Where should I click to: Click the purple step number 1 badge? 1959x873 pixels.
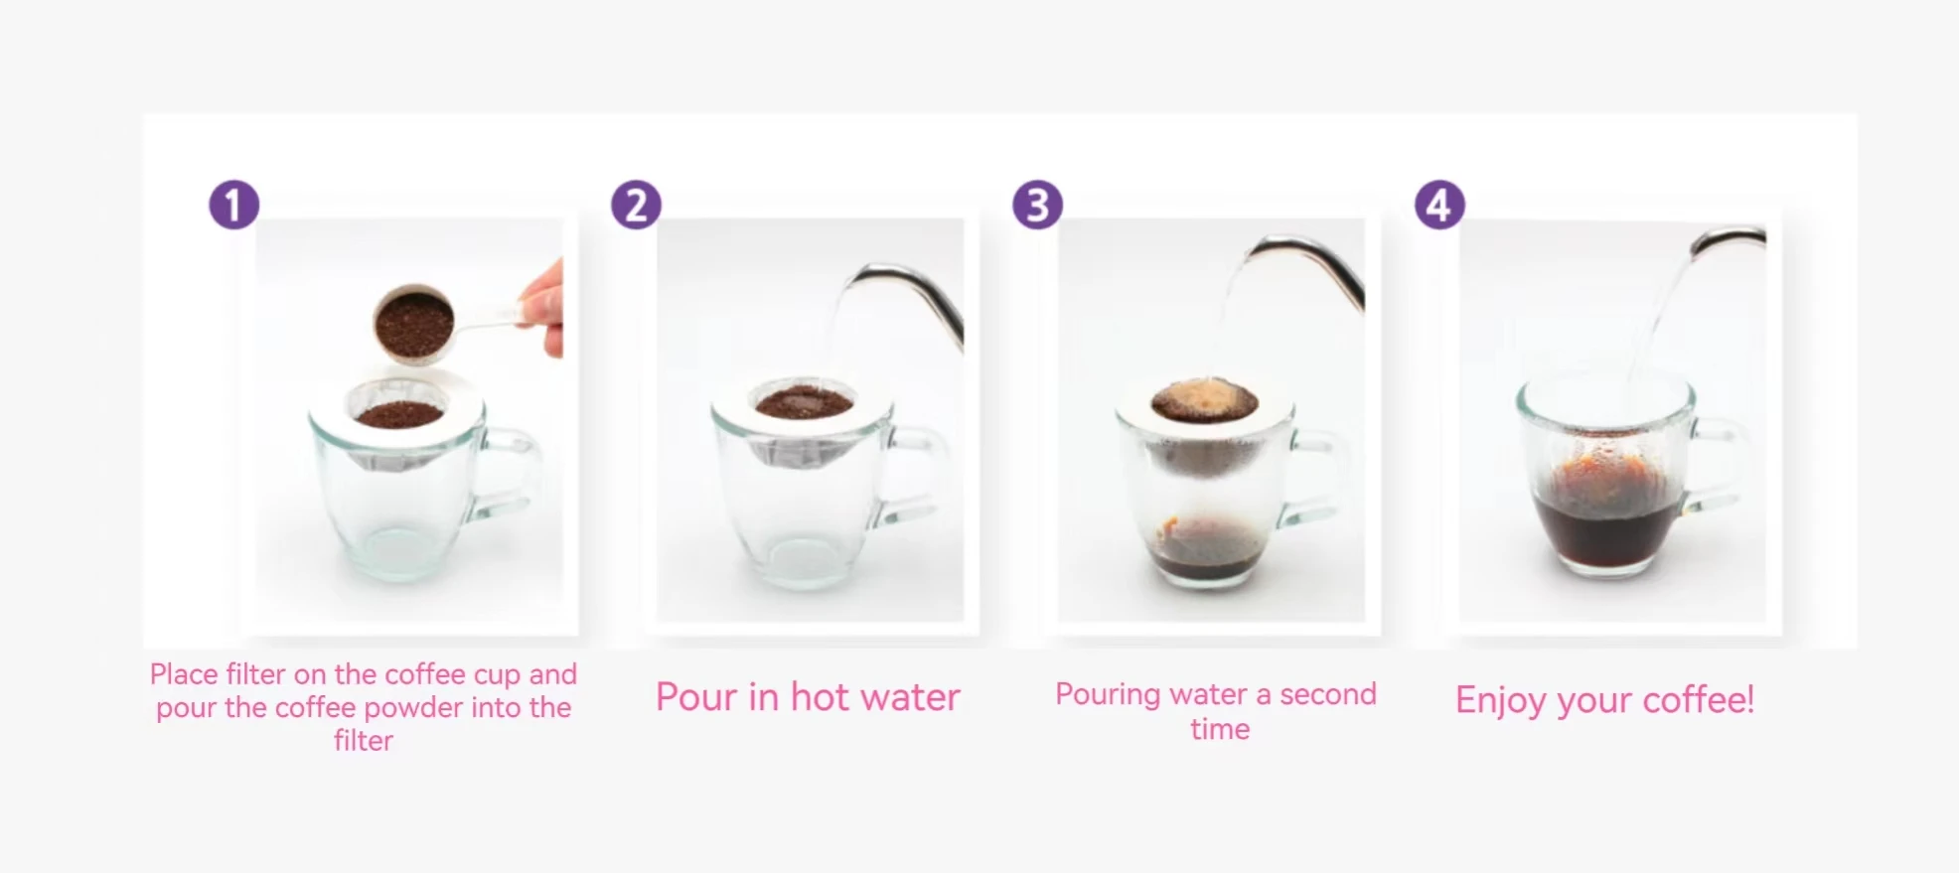pos(233,205)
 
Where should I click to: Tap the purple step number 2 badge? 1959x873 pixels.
pos(636,205)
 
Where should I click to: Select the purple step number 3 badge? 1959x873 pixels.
pos(1037,205)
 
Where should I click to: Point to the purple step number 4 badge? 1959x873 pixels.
pos(1439,205)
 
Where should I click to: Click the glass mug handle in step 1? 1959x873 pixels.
pos(509,477)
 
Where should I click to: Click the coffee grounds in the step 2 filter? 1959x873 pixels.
pos(805,401)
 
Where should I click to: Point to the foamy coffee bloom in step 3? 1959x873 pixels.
pos(1205,399)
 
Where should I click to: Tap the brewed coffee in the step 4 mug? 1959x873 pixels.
pos(1605,526)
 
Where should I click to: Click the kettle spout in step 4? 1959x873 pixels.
pos(1729,239)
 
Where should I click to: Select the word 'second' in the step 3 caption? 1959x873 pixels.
pos(1328,694)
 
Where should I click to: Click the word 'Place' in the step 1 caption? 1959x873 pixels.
pos(184,674)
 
